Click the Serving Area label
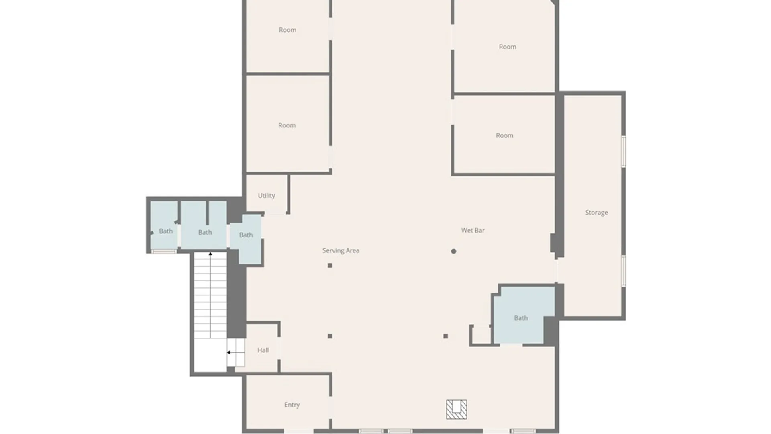click(341, 250)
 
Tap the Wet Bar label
click(473, 230)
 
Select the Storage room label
click(596, 213)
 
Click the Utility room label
click(266, 196)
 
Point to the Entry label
click(292, 405)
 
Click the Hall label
click(263, 350)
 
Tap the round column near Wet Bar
click(453, 251)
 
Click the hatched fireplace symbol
click(457, 409)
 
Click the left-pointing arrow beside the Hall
click(235, 352)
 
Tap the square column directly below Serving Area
click(330, 266)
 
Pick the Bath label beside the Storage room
click(521, 318)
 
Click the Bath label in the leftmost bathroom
click(166, 231)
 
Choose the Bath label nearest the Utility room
click(246, 235)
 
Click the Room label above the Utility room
click(287, 125)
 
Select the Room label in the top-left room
click(288, 30)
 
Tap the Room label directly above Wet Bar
click(504, 135)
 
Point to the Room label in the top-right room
click(508, 47)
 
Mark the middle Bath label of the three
click(205, 232)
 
